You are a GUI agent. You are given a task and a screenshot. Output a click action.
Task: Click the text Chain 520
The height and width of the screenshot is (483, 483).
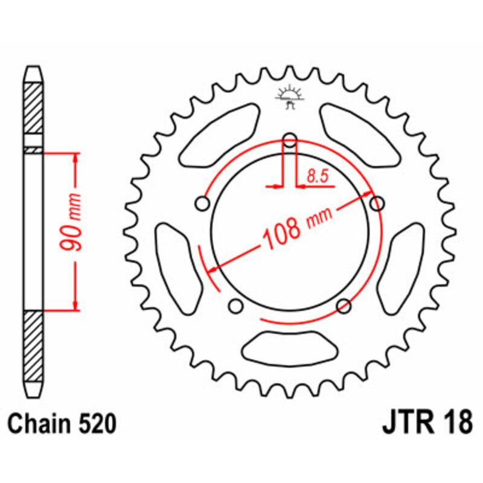(62, 424)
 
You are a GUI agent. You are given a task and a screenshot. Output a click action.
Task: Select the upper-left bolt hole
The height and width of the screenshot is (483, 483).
(202, 203)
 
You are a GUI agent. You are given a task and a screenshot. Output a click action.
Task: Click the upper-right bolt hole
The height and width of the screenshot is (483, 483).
(377, 203)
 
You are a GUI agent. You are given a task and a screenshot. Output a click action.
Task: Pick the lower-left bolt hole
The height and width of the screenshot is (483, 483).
(235, 306)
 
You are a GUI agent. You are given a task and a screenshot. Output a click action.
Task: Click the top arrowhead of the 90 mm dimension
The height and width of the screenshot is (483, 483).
(75, 158)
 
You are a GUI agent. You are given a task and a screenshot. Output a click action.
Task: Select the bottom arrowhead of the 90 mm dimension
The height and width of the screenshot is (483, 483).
(75, 305)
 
